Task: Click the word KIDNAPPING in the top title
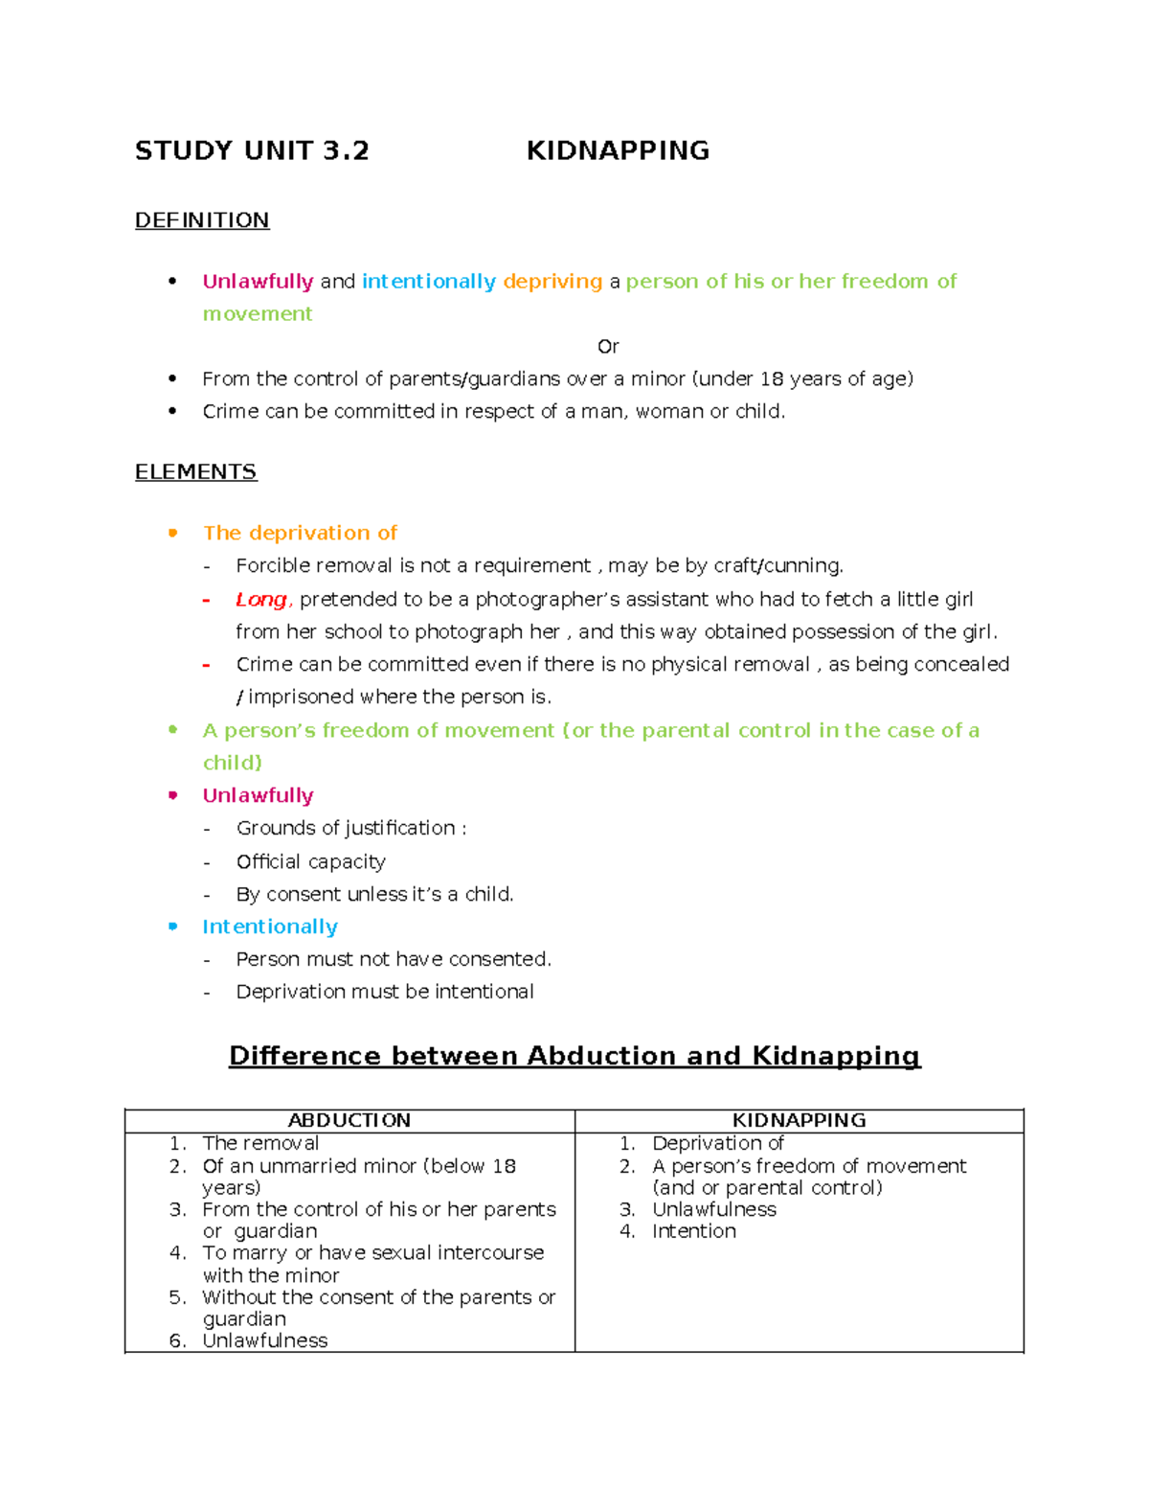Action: click(x=618, y=150)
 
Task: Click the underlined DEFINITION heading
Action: click(x=202, y=220)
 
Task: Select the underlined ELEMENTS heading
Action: click(x=195, y=472)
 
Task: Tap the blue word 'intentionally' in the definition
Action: click(x=428, y=282)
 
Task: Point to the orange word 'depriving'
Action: click(x=552, y=282)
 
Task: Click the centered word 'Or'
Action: click(x=608, y=347)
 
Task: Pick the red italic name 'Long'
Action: click(x=260, y=600)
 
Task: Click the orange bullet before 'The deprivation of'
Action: click(x=173, y=533)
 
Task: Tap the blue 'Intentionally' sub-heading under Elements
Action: click(x=270, y=927)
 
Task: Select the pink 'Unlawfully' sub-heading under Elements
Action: click(x=258, y=795)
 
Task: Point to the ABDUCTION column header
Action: click(x=349, y=1120)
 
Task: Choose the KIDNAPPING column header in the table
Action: click(x=799, y=1120)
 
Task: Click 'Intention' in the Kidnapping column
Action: click(x=694, y=1231)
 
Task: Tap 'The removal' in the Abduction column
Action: click(x=260, y=1143)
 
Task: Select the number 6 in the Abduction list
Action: click(x=176, y=1340)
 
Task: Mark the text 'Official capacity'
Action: click(x=311, y=861)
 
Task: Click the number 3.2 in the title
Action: click(x=346, y=150)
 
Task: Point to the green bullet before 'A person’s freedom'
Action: click(x=173, y=730)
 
